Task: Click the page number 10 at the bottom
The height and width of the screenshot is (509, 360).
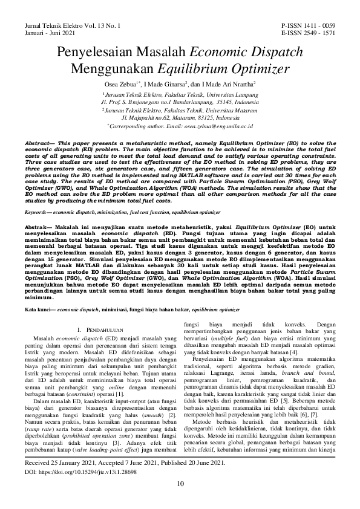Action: pyautogui.click(x=180, y=499)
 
